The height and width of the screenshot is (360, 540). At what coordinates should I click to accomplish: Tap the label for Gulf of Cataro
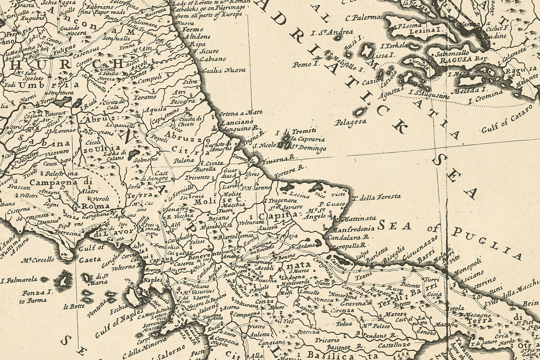(506, 119)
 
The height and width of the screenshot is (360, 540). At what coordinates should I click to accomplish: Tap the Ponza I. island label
(37, 293)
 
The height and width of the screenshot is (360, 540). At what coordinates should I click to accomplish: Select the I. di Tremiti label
(296, 132)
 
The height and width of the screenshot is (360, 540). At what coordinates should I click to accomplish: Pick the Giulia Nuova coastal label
(224, 71)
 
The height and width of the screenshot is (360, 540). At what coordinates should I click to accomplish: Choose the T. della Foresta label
(377, 197)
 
